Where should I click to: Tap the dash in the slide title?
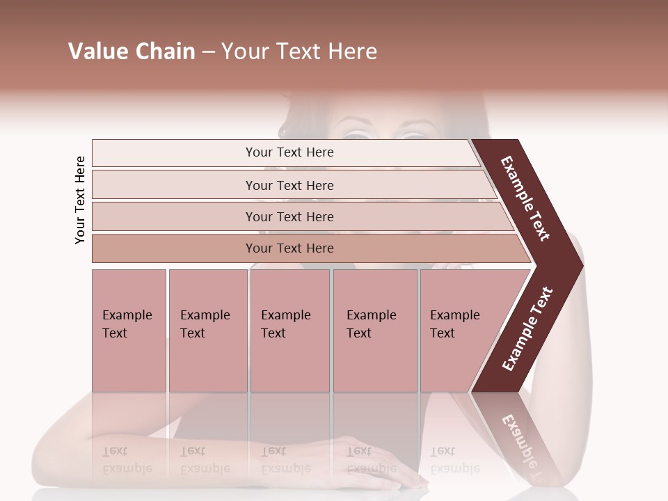coord(208,52)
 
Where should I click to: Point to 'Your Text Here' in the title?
coord(299,51)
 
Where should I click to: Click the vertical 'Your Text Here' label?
coord(80,200)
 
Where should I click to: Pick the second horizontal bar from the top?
coord(289,185)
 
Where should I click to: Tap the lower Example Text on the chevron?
coord(527,329)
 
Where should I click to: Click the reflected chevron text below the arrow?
coord(525,445)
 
